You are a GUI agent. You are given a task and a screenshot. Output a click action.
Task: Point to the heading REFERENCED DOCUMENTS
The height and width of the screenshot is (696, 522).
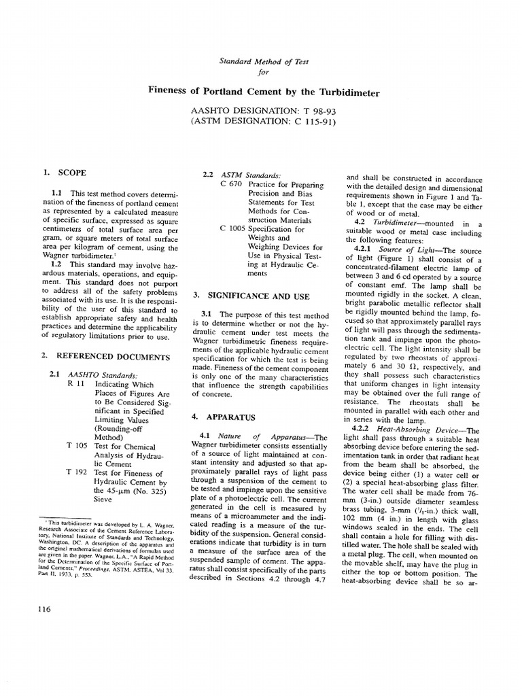click(113, 355)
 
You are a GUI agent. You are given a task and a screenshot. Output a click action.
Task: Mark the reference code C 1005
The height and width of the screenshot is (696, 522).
click(234, 228)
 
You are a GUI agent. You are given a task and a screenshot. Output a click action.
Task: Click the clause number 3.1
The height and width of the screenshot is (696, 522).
click(207, 314)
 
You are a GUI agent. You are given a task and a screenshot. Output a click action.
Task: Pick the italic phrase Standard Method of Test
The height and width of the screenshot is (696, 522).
click(263, 61)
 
